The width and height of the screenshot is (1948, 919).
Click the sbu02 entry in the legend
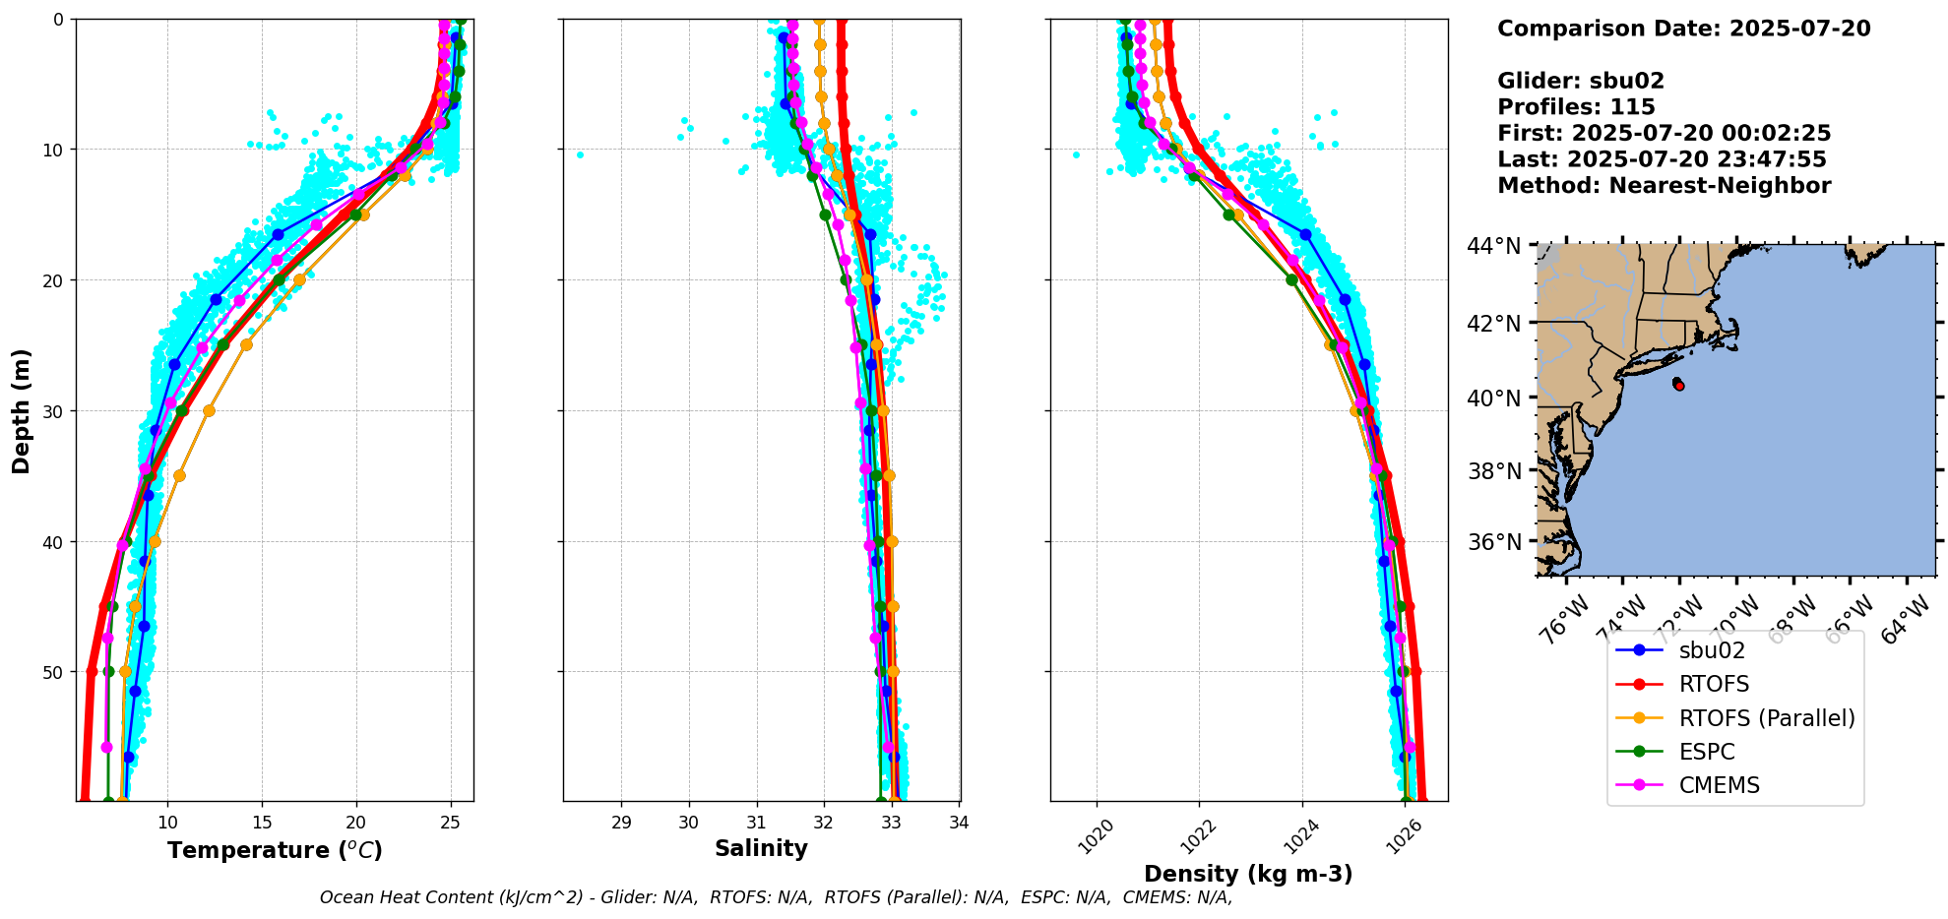pyautogui.click(x=1712, y=650)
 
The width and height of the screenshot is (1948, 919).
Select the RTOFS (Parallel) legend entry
pyautogui.click(x=1766, y=718)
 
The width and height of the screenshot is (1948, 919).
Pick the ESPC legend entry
pyautogui.click(x=1707, y=752)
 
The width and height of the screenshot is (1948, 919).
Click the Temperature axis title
pyautogui.click(x=275, y=850)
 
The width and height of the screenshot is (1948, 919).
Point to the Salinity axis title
pyautogui.click(x=761, y=848)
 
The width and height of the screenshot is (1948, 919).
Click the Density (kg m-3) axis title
pyautogui.click(x=1248, y=874)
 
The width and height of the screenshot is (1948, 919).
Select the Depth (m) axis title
pyautogui.click(x=22, y=410)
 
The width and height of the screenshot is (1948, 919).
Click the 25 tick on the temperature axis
pyautogui.click(x=451, y=822)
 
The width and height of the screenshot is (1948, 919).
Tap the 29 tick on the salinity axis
pyautogui.click(x=621, y=822)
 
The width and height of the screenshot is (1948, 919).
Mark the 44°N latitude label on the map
pyautogui.click(x=1494, y=246)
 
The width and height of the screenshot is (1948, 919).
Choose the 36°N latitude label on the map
pyautogui.click(x=1494, y=542)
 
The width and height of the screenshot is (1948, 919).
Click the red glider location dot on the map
pyautogui.click(x=1679, y=386)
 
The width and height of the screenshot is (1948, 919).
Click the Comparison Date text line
pyautogui.click(x=1683, y=29)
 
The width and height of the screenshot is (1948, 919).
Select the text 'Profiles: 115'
pyautogui.click(x=1576, y=107)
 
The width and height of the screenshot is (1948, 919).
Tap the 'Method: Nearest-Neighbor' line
pyautogui.click(x=1664, y=186)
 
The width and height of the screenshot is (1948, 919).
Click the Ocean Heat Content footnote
pyautogui.click(x=776, y=897)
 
